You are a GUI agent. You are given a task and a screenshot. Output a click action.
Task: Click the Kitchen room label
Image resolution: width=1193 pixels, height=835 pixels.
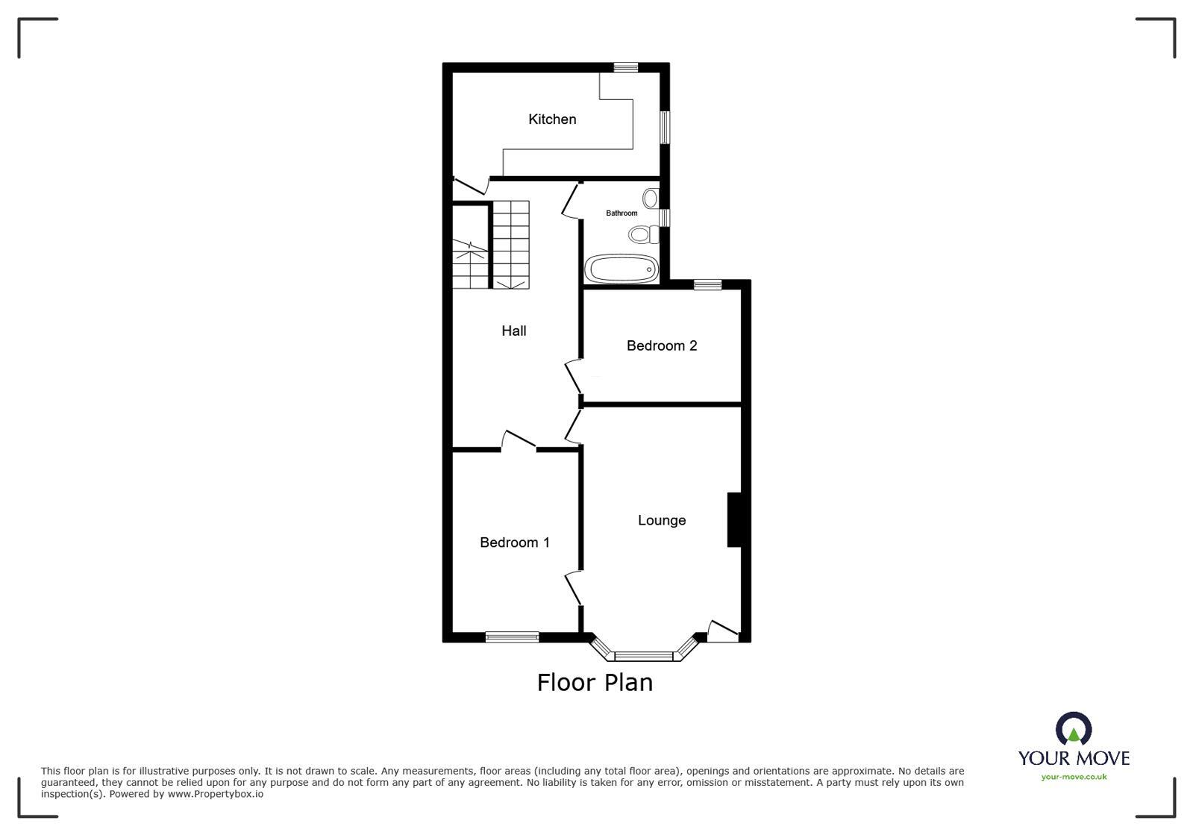coord(552,119)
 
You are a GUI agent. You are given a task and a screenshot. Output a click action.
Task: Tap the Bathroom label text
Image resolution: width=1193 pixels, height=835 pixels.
coord(621,213)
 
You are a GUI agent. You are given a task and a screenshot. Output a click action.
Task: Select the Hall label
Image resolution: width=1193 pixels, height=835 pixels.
coord(514,331)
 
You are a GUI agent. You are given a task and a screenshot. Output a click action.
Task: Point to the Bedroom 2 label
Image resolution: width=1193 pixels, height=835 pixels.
coord(662,345)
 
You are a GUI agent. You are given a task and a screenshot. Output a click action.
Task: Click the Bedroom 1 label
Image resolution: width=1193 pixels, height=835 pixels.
coord(515,542)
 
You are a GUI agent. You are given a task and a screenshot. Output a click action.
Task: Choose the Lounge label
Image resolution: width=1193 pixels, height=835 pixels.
coord(662,520)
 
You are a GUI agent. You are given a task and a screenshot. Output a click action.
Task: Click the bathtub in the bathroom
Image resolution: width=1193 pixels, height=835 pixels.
coord(621,269)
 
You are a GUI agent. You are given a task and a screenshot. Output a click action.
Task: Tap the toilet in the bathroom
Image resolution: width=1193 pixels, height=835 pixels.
coord(643,234)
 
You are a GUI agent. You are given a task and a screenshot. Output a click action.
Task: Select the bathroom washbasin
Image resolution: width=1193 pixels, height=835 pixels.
coord(651,198)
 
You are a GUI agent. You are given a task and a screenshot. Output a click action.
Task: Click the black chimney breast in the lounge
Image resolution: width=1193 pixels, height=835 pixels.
coord(734,520)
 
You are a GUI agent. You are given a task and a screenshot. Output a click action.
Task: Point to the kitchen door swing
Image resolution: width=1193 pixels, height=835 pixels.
coord(471,185)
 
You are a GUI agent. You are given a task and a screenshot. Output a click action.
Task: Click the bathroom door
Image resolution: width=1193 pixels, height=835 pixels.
coord(571,200)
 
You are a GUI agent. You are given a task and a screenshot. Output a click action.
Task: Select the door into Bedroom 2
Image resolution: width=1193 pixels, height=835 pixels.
coord(573,377)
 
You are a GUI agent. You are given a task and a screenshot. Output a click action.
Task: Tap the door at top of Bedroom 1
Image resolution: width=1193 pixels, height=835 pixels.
coord(519,440)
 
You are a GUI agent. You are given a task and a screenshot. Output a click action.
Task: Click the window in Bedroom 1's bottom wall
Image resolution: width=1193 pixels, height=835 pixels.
coord(512,637)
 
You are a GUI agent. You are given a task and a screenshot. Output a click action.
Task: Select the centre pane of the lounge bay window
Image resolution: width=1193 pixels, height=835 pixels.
coord(644,656)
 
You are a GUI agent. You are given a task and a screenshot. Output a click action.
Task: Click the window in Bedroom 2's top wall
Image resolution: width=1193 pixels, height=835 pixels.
coord(708,285)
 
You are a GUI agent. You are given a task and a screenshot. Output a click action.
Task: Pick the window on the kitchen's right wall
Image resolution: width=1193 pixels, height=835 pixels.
coord(665,128)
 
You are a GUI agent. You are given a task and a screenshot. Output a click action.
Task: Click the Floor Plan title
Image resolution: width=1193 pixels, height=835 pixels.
coord(595,683)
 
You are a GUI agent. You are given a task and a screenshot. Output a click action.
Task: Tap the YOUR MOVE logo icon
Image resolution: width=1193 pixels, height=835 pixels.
coord(1074,728)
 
